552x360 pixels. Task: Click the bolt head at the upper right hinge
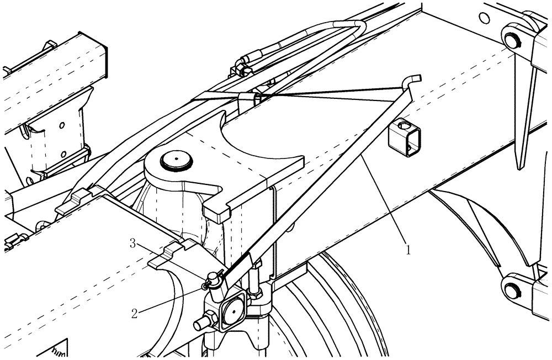512,40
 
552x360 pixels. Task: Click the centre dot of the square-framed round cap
232,311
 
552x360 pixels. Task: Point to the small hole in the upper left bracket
62,125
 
